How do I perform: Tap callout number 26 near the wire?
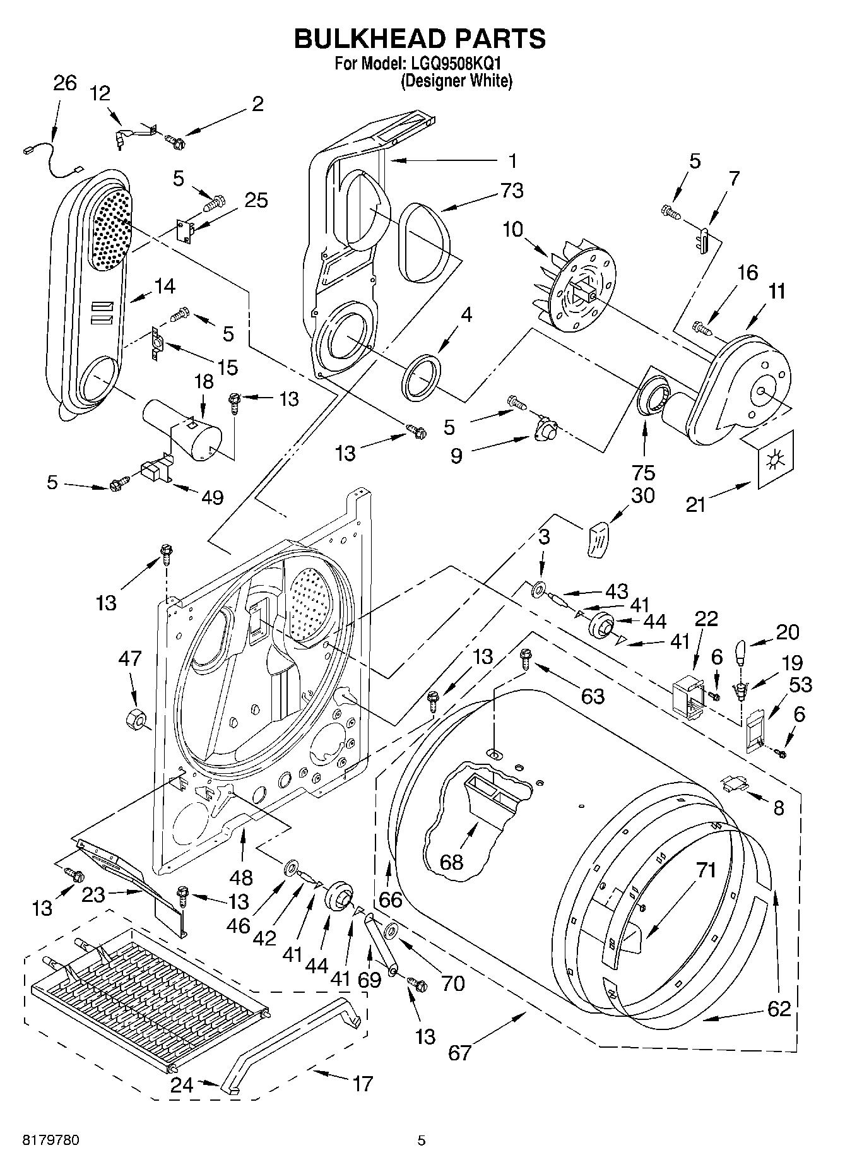click(x=64, y=83)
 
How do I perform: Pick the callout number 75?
click(x=644, y=472)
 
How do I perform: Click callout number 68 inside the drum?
click(x=451, y=862)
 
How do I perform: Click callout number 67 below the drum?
click(x=459, y=1053)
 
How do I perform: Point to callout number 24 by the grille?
click(x=182, y=1084)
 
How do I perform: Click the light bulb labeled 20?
click(x=743, y=652)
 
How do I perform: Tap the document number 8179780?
click(x=51, y=1140)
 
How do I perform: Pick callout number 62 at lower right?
click(x=779, y=1009)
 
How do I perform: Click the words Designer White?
click(x=456, y=81)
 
